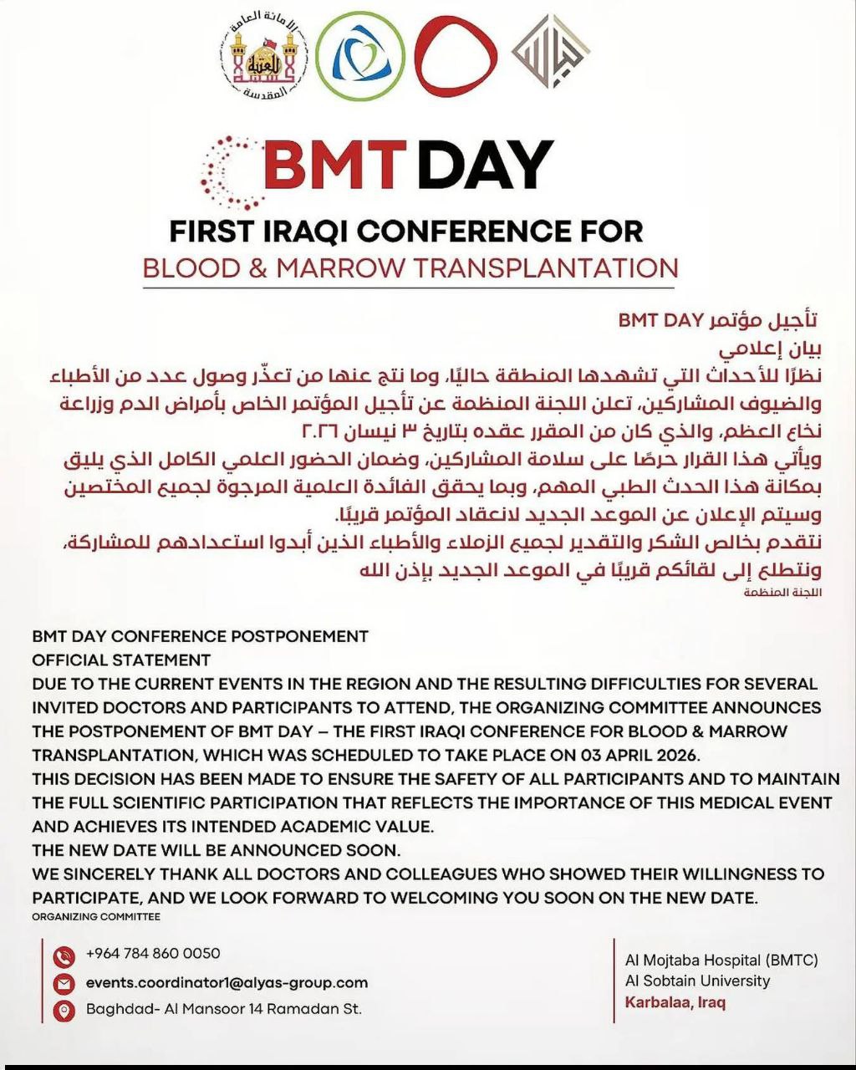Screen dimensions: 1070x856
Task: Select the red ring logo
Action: pos(456,56)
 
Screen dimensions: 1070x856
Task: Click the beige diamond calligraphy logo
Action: pos(549,52)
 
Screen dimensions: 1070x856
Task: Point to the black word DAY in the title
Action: pos(485,165)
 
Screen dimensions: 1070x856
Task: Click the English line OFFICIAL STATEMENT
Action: pos(121,660)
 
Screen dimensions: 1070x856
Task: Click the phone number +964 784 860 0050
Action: pos(153,953)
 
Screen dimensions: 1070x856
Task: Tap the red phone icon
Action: pos(64,955)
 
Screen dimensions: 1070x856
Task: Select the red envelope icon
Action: pos(64,983)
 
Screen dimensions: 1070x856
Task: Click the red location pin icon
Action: pos(64,1011)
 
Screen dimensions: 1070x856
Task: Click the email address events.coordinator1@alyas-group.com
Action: pos(227,982)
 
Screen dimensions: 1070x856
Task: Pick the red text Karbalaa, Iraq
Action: pos(675,1002)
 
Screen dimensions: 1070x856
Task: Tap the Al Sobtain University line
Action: pos(697,981)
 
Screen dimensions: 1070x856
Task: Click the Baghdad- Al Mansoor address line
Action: pos(223,1009)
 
